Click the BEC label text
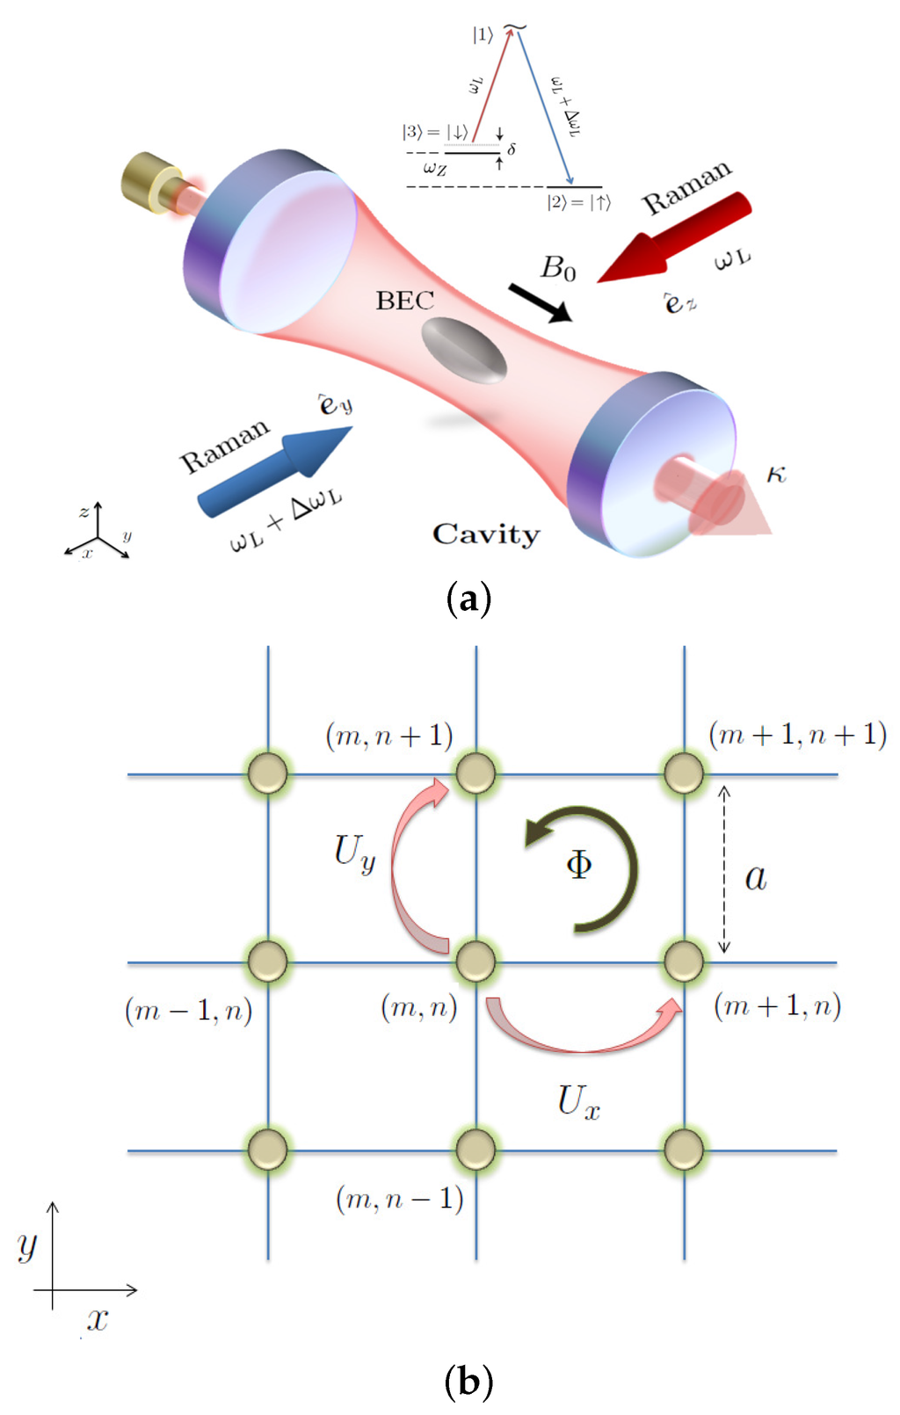pos(405,301)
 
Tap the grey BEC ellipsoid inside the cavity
pos(463,351)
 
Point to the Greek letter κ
pos(776,475)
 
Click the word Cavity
pos(486,534)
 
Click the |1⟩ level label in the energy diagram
pos(483,35)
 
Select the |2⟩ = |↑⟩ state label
pos(577,203)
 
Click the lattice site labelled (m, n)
pos(475,961)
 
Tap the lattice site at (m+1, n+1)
pos(684,773)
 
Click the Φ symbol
pos(578,866)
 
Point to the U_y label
pos(354,853)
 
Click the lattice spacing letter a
pos(756,876)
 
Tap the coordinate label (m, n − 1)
pos(400,1199)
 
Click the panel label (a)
pos(468,599)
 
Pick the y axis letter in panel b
pos(28,1244)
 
